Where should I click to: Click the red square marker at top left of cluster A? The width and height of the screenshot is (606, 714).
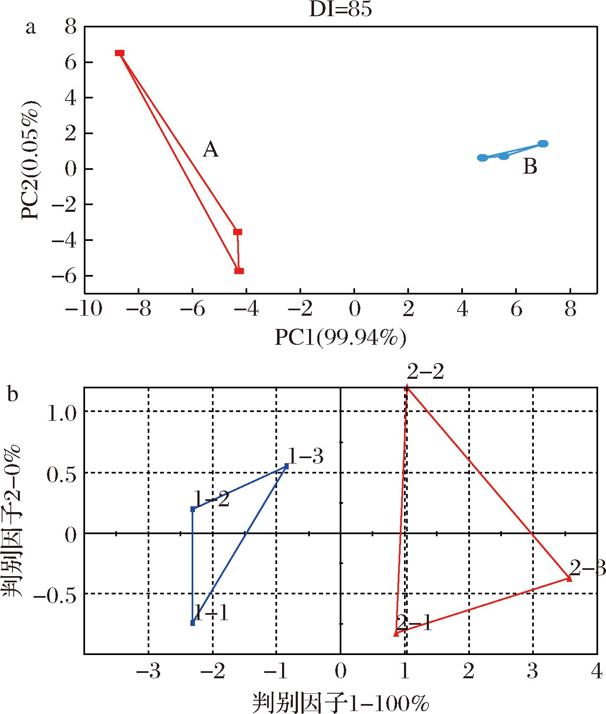coord(120,53)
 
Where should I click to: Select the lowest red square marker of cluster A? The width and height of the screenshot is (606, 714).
coord(239,271)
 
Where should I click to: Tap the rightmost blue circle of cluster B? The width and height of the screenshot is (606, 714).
coord(543,144)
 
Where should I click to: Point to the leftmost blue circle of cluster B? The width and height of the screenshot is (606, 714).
coord(482,158)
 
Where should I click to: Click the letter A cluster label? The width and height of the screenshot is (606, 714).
coord(210,150)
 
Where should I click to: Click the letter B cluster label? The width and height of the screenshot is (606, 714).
coord(530,167)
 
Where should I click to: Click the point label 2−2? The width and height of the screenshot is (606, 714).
coord(425,372)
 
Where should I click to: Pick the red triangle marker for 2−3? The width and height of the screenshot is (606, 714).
coord(569,579)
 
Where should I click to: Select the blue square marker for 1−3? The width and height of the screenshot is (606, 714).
coord(286,466)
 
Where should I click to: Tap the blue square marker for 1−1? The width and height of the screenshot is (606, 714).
coord(192,623)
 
